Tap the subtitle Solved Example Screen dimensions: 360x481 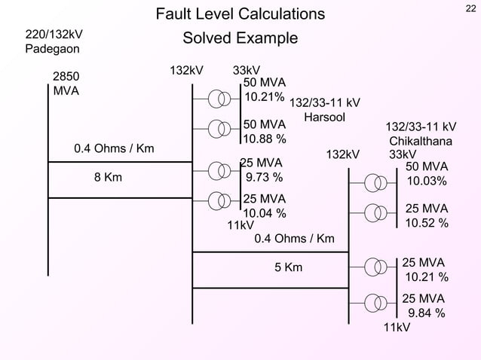[x=240, y=38]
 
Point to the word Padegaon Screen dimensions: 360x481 [x=53, y=50]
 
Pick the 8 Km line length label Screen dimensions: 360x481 [x=108, y=178]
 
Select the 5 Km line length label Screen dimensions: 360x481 [x=288, y=267]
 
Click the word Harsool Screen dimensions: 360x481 [x=324, y=117]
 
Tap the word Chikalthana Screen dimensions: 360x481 [x=421, y=141]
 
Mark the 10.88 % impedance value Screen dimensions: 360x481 [x=264, y=139]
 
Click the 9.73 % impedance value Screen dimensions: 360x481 [x=265, y=178]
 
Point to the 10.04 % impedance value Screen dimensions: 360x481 [x=264, y=213]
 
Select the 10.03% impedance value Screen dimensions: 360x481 [x=427, y=182]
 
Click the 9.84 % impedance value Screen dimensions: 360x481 [x=426, y=313]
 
